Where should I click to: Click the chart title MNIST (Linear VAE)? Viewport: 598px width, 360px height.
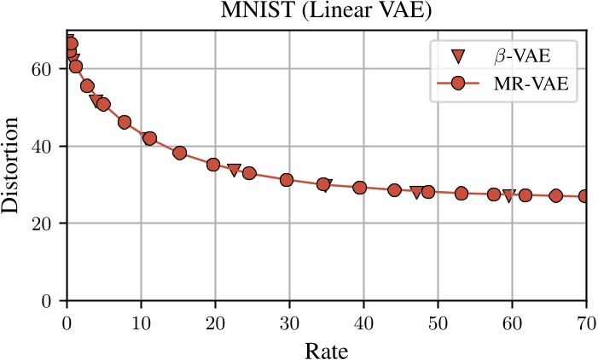point(327,12)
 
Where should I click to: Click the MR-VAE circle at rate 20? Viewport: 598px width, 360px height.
point(213,165)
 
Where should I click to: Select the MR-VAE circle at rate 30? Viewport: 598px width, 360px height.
point(287,180)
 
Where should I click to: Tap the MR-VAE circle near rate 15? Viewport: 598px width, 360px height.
point(180,153)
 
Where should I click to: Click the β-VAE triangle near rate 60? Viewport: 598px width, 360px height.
point(509,195)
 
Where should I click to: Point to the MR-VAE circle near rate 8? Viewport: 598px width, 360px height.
point(125,122)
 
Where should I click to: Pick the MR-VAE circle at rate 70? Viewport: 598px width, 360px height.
point(585,196)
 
